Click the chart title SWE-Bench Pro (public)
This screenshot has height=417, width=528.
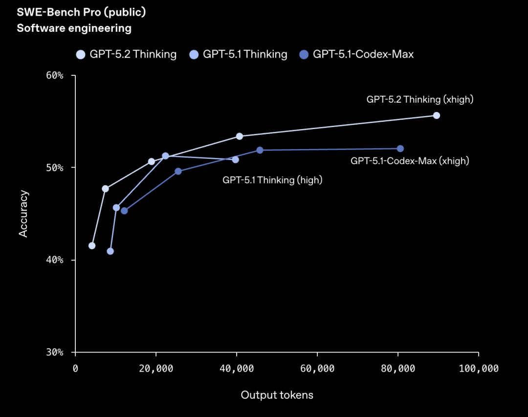pos(82,12)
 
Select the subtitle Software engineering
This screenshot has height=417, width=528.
pos(74,28)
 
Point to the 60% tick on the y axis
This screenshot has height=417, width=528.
pos(55,76)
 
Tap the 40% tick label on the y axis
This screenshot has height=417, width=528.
pos(55,260)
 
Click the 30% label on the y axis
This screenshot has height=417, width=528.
pos(55,352)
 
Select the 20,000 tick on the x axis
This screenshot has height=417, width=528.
pos(156,369)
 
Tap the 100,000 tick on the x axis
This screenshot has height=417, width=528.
pos(478,369)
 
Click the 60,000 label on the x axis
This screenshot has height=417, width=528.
pos(317,369)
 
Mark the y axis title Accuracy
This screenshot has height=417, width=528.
pos(23,214)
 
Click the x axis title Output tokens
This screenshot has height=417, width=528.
pos(277,395)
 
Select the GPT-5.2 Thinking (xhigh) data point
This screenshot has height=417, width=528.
pos(437,115)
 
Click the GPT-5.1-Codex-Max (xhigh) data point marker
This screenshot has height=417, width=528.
pos(400,149)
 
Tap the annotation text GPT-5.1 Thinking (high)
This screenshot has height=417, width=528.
pos(272,180)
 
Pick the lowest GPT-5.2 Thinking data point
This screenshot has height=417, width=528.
pos(92,245)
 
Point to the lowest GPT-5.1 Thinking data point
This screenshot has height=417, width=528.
pos(110,251)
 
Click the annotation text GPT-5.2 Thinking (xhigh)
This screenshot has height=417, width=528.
pos(420,99)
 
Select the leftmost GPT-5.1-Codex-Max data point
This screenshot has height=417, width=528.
pos(124,211)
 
